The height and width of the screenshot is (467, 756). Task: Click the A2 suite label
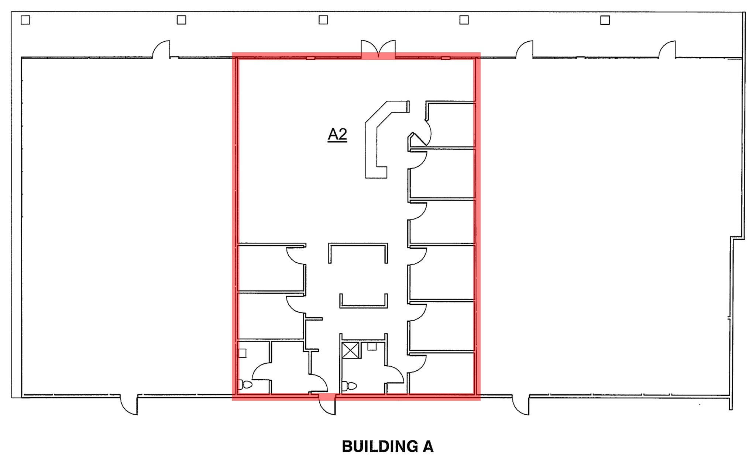(x=337, y=134)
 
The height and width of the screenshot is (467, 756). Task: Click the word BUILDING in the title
(x=379, y=447)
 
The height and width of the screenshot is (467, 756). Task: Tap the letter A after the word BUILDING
(x=428, y=447)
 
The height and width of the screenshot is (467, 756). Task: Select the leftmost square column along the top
(x=25, y=20)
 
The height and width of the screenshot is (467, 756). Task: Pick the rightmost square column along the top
(x=605, y=20)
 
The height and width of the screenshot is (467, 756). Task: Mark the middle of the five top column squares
(x=323, y=20)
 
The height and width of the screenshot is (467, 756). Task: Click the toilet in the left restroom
(x=245, y=385)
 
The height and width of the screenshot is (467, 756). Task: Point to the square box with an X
(x=350, y=350)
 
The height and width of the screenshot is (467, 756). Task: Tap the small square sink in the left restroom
(x=242, y=353)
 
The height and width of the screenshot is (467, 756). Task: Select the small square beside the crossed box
(x=372, y=347)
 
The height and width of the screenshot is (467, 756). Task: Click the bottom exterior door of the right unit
(x=521, y=405)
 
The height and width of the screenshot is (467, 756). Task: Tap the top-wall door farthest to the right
(x=667, y=50)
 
